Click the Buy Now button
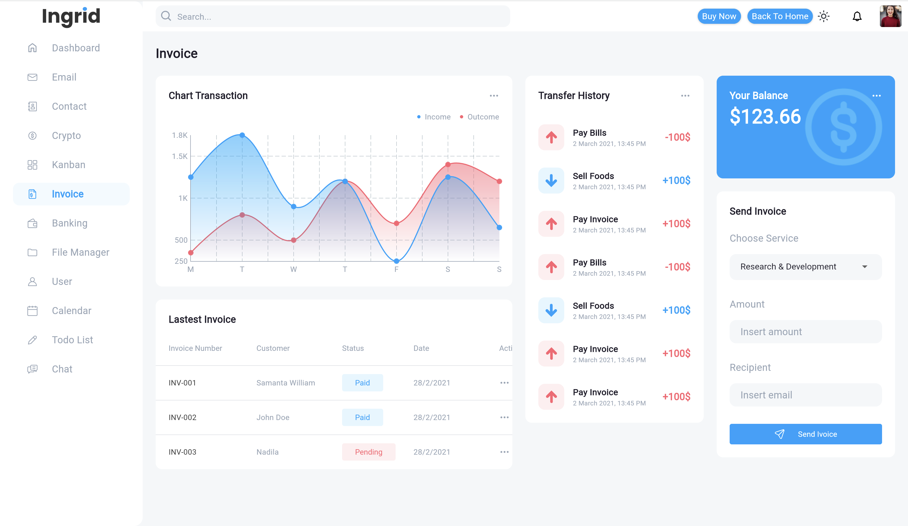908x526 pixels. coord(719,16)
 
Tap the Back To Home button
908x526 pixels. coord(780,16)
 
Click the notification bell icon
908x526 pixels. coord(857,16)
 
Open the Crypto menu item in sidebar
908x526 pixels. coord(66,135)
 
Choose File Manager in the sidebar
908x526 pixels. coord(80,252)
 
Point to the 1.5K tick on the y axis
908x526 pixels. coord(179,156)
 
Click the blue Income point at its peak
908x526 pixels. coord(242,135)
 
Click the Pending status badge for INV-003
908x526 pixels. coord(368,452)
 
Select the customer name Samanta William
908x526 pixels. coord(285,383)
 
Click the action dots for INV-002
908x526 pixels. coord(504,417)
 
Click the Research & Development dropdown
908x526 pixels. coord(805,267)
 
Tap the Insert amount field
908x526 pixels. coord(805,331)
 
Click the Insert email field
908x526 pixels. coord(805,395)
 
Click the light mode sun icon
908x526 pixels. coord(823,16)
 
